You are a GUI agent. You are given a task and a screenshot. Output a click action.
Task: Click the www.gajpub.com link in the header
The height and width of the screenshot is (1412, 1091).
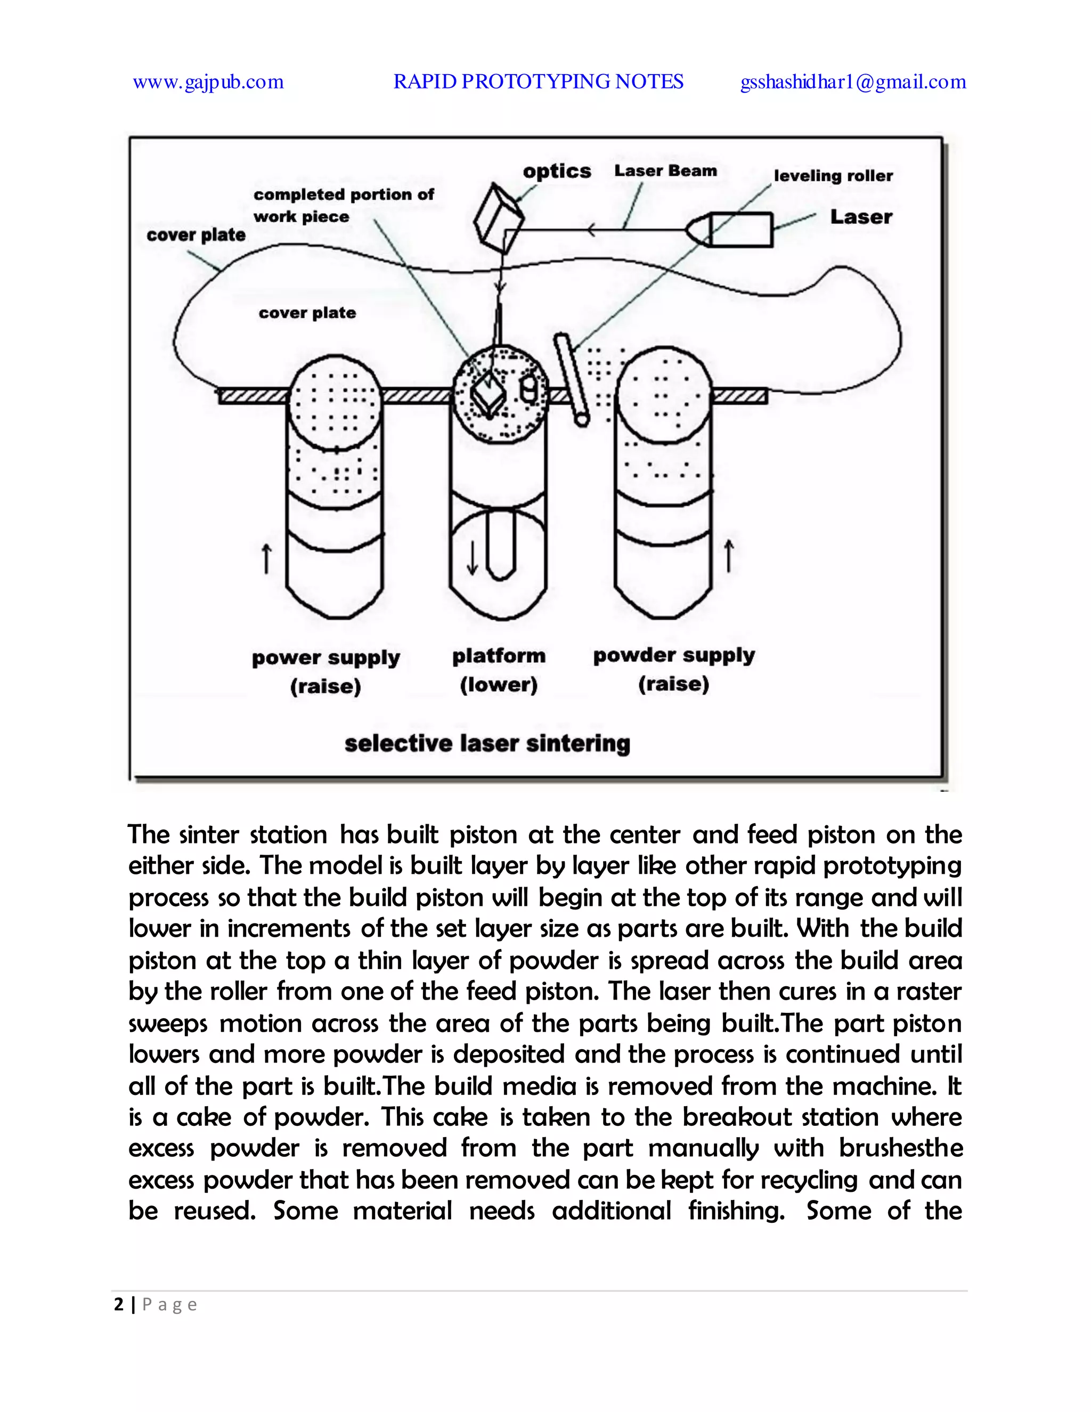[208, 82]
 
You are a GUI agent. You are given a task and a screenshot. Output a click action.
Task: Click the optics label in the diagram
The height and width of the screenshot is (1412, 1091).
[557, 172]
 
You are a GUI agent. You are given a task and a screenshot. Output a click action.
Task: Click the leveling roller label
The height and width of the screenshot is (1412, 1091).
[833, 176]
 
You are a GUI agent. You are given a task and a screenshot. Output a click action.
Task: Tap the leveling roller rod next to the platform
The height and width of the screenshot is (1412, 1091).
[572, 379]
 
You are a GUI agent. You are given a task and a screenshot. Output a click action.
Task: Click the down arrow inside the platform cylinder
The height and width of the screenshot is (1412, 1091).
[473, 558]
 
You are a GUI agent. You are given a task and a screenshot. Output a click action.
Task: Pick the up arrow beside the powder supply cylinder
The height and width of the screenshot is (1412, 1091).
[729, 556]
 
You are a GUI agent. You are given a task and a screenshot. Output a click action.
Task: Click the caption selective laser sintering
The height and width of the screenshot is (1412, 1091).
[487, 743]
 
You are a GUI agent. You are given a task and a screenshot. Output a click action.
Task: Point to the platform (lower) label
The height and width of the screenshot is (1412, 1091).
[498, 670]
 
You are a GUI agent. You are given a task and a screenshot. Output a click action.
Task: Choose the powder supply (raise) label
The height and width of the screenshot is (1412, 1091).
[673, 669]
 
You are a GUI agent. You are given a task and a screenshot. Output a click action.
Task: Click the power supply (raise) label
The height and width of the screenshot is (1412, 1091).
[325, 672]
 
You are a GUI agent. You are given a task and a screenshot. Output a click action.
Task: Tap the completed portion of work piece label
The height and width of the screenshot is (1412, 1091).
[343, 205]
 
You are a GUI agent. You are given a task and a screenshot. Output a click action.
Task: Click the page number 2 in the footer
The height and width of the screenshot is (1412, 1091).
[118, 1305]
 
